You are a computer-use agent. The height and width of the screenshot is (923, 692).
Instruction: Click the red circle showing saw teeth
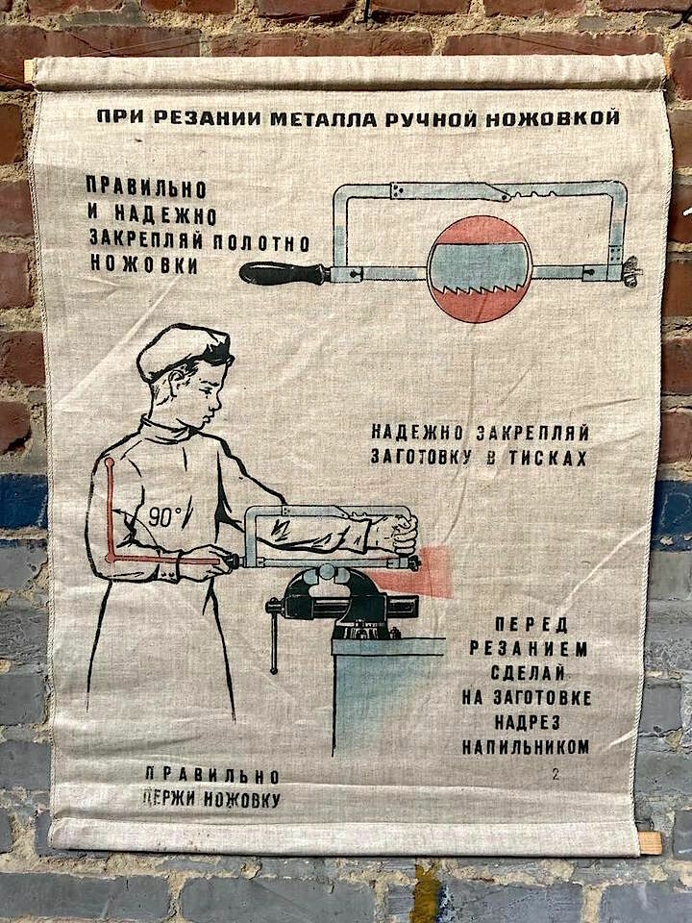[481, 268]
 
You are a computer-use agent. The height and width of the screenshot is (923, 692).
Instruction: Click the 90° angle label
[164, 516]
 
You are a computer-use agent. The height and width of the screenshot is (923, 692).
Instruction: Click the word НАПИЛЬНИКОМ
[525, 746]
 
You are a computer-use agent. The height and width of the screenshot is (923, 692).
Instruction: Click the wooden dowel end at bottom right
[651, 842]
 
